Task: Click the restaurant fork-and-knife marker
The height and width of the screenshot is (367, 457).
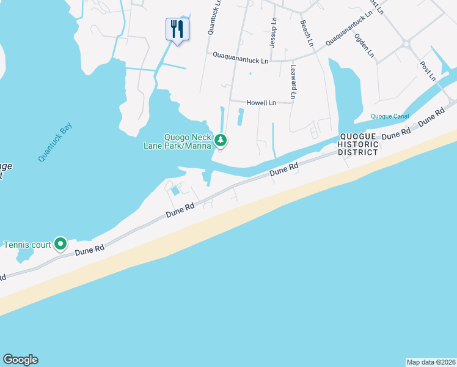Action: click(x=177, y=28)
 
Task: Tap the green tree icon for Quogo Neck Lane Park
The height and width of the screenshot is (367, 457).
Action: click(x=221, y=141)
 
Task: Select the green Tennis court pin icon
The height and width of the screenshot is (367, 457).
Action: click(x=60, y=245)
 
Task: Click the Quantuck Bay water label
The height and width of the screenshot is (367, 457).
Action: click(x=55, y=142)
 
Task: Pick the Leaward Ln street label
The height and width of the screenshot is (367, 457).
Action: click(x=294, y=82)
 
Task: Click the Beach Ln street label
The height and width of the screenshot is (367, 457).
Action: click(x=307, y=33)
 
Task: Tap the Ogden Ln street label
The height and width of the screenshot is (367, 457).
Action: click(x=364, y=45)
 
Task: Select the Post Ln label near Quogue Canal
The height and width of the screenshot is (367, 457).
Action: click(x=428, y=70)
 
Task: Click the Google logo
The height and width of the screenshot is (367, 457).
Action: click(x=20, y=360)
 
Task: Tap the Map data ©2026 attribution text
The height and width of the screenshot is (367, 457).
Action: click(x=431, y=361)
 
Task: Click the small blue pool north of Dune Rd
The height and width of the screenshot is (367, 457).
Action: click(x=175, y=191)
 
